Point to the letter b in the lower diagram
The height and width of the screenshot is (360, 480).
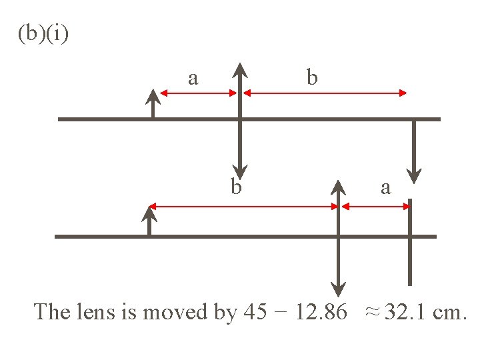coord(236,188)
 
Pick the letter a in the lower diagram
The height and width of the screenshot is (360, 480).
coord(385,188)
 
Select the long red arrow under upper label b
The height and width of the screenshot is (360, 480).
coord(325,93)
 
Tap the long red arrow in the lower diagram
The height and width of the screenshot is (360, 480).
coord(244,207)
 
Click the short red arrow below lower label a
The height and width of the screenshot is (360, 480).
coord(375,207)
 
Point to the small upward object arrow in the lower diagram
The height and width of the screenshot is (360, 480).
coord(149,220)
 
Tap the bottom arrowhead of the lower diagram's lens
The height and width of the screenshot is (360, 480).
coord(339,288)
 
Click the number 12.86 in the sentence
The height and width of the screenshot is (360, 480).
coord(321,312)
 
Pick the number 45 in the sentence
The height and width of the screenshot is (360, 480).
coord(256,312)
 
